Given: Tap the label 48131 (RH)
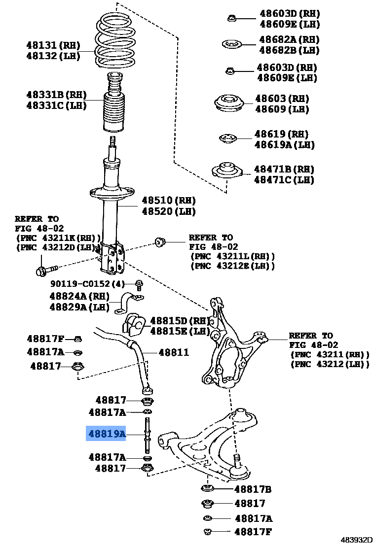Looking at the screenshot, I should [53, 45].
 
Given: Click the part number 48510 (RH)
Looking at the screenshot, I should [168, 201].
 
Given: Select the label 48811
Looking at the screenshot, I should [173, 352].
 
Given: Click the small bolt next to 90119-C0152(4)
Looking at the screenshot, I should [139, 284].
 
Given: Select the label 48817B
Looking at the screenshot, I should [253, 489].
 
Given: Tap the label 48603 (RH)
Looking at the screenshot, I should [282, 99].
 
